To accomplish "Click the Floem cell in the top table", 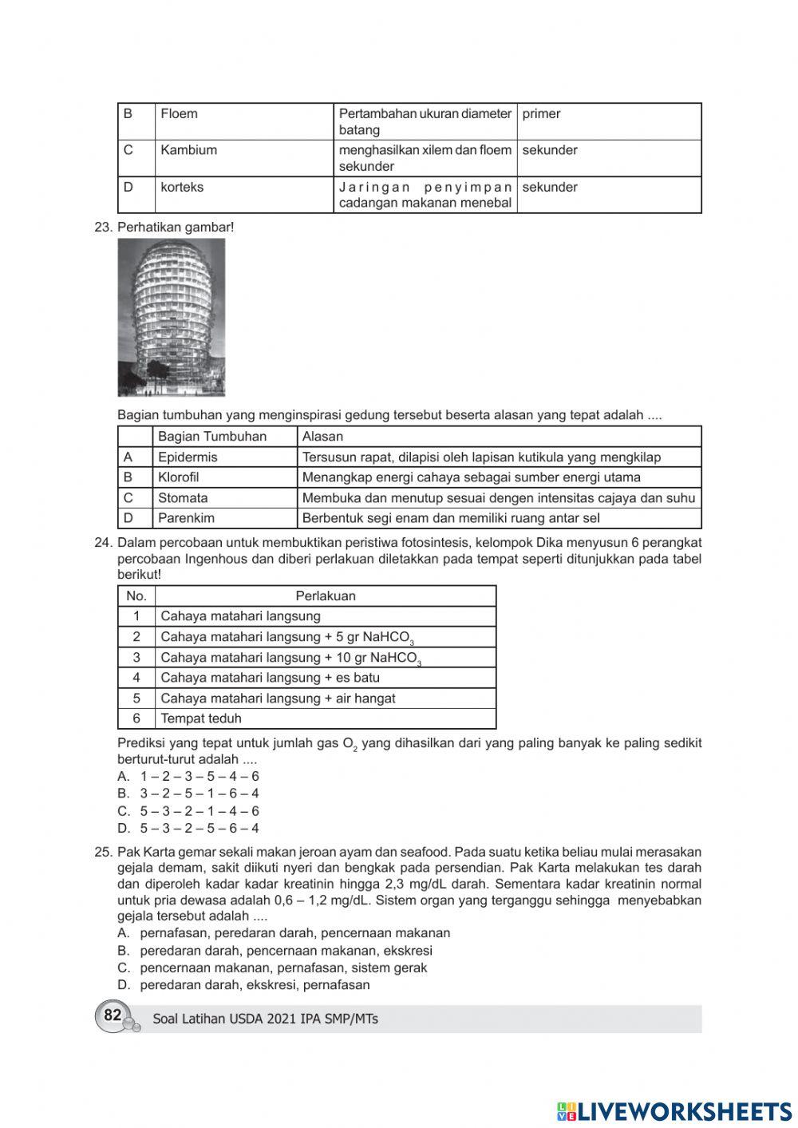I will [180, 114].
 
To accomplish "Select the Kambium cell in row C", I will [188, 150].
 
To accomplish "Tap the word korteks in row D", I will [182, 188].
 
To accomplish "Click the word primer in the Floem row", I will [541, 114].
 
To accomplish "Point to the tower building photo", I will [172, 317].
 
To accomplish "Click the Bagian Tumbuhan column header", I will [212, 437].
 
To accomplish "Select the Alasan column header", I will [322, 437].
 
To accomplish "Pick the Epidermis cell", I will [188, 457].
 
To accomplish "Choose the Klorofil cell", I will [179, 477].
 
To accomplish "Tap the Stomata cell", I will [183, 498].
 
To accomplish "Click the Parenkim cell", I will [186, 518].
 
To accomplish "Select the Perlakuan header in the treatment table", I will [326, 596].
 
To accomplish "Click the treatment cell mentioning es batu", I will [270, 678].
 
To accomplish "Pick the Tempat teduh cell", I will [201, 718].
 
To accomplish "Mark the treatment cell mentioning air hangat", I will [278, 699].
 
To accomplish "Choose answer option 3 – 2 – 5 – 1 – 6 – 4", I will [199, 794].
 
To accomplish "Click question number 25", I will [103, 852].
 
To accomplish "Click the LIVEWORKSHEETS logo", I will [674, 1111].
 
